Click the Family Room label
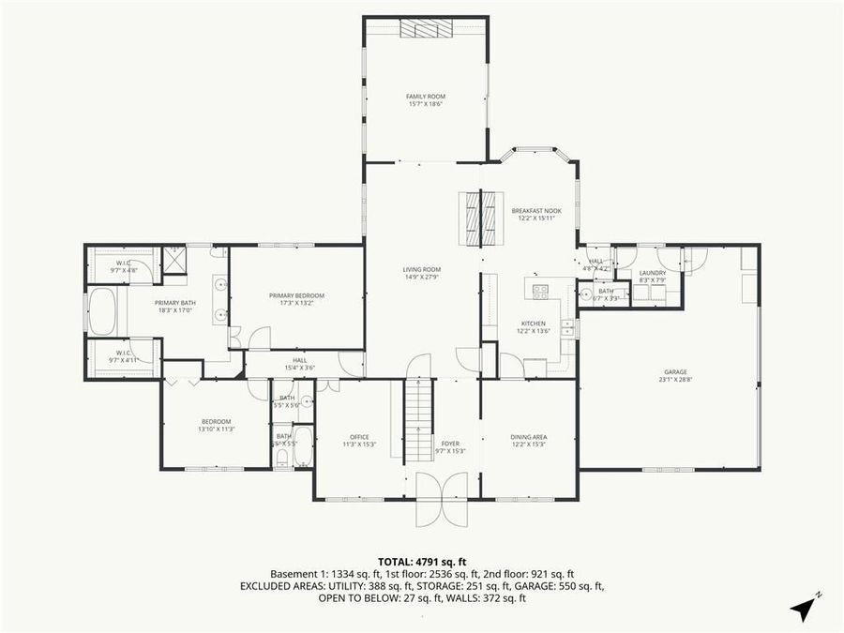tap(425, 97)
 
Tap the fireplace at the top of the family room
tap(426, 29)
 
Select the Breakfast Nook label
tap(535, 211)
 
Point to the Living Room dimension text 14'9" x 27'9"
tap(421, 278)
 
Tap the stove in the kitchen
tap(540, 291)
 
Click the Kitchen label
tap(533, 324)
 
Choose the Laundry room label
tap(653, 273)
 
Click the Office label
tap(359, 437)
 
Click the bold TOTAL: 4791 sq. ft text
tap(422, 560)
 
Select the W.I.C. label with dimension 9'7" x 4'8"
tap(123, 263)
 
